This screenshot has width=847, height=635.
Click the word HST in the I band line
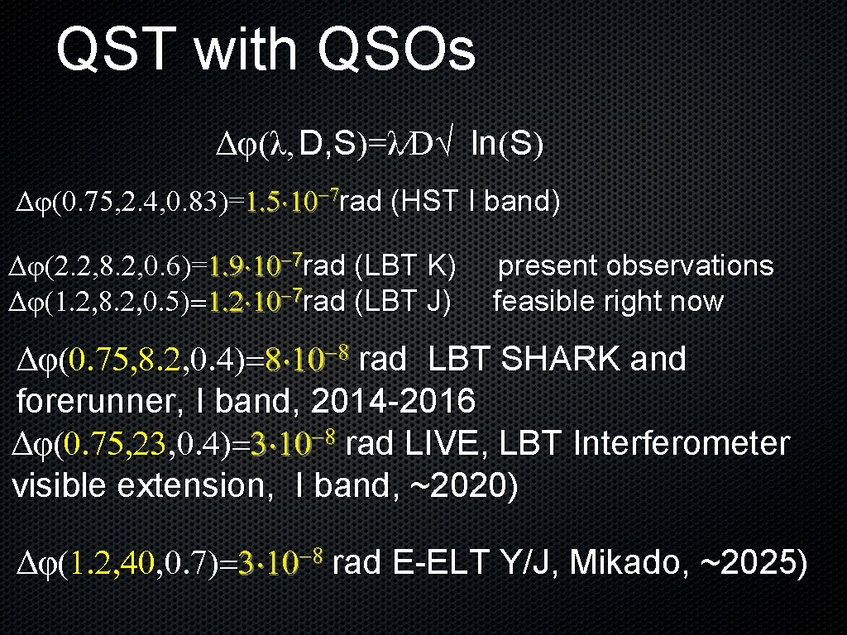point(429,201)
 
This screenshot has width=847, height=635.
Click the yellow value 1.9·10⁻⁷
point(256,267)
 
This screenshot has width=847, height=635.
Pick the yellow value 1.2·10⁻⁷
point(256,303)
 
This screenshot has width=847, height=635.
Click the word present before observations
point(548,266)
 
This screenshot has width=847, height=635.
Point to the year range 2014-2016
point(393,402)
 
